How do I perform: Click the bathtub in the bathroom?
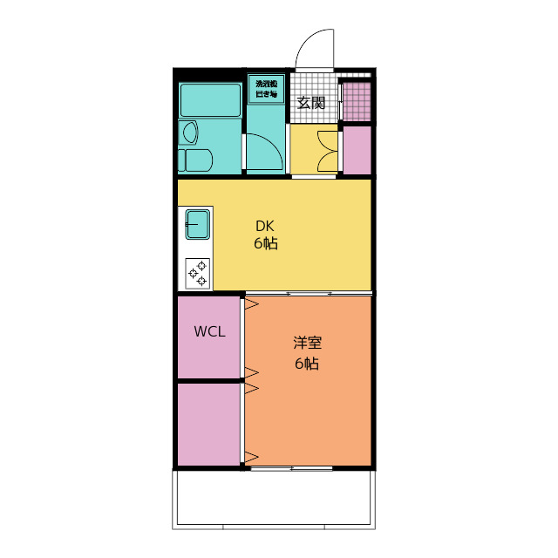(209, 102)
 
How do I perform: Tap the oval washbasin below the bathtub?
(189, 133)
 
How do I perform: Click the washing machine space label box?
(266, 89)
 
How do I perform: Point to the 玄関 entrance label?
(311, 102)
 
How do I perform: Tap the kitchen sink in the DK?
(197, 226)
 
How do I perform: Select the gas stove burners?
(197, 273)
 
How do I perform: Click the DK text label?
(265, 224)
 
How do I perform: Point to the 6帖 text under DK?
(265, 243)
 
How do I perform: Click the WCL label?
(209, 331)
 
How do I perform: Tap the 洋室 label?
(306, 344)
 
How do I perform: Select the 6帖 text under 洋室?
(306, 364)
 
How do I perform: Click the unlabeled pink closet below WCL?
(209, 424)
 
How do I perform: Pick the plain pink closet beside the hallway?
(357, 150)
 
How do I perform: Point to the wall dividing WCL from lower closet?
(209, 381)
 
